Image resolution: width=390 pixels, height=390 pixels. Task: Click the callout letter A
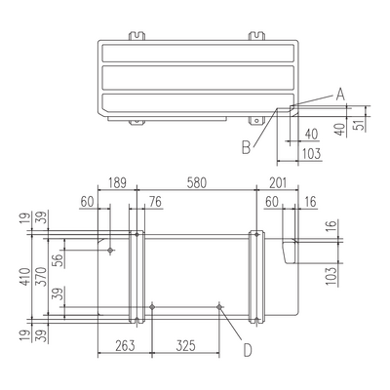point(340,95)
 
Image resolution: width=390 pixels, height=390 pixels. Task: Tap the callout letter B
point(247,148)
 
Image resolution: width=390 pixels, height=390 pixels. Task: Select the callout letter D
point(248,350)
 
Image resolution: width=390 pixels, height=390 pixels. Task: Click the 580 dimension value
point(197,183)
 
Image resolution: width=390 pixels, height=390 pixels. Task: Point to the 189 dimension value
point(117,183)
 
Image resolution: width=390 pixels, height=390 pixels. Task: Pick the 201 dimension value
point(278,183)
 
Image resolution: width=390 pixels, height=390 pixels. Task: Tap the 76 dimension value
point(155,202)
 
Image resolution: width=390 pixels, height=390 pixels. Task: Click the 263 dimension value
point(125,345)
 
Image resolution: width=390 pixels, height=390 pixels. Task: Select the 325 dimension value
point(185,345)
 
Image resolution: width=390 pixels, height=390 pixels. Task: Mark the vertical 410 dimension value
point(25,277)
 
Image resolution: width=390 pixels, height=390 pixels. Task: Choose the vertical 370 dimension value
point(42,277)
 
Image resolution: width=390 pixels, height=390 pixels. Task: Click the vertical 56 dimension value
point(58,260)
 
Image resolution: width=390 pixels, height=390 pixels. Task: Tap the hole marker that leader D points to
point(219,307)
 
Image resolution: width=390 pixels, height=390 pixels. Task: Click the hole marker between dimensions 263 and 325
point(152,307)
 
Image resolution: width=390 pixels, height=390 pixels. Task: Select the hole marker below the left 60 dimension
point(110,250)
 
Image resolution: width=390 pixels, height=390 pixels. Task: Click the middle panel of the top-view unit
point(198,78)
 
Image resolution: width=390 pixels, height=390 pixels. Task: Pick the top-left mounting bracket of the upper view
point(136,35)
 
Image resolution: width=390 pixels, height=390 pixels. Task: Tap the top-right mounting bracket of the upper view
point(256,35)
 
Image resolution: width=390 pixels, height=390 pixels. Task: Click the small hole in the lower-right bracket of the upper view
point(256,121)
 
